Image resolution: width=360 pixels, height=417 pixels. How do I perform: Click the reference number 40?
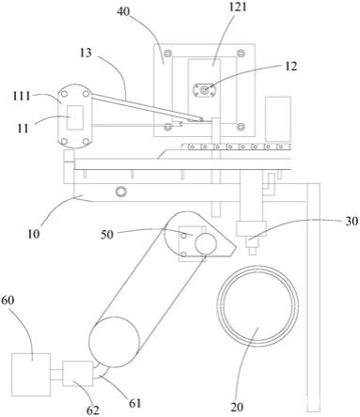[x=123, y=12]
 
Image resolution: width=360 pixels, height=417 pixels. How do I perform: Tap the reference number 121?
[x=237, y=7]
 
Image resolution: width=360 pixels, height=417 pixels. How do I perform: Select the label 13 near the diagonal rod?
[x=86, y=53]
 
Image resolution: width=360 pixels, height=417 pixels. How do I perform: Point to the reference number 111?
[x=22, y=96]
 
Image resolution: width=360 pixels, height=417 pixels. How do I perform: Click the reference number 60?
[x=8, y=300]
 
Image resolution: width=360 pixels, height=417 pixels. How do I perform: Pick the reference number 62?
[x=93, y=410]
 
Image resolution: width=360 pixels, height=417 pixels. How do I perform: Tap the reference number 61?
[x=135, y=403]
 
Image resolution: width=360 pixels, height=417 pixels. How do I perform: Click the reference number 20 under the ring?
[x=237, y=407]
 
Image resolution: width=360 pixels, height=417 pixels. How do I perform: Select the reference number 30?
[x=352, y=221]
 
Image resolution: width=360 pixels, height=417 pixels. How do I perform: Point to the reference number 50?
[x=107, y=235]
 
